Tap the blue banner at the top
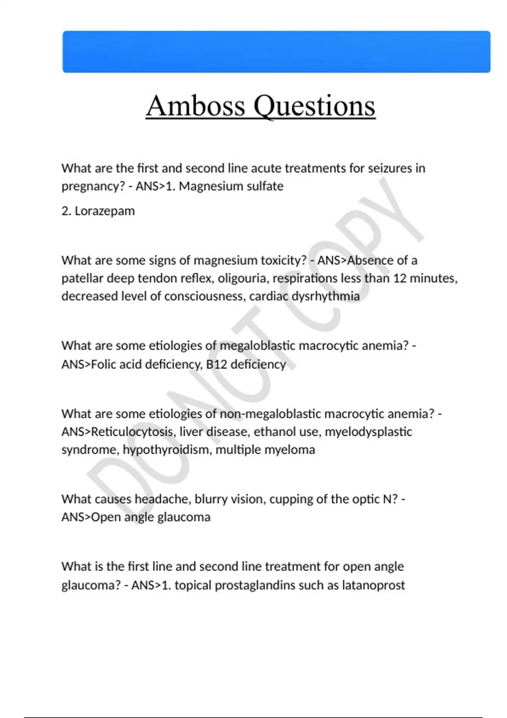pyautogui.click(x=276, y=52)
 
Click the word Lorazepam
pyautogui.click(x=105, y=211)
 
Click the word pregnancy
pyautogui.click(x=92, y=186)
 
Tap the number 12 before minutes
pyautogui.click(x=399, y=278)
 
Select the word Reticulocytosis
pyautogui.click(x=132, y=432)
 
